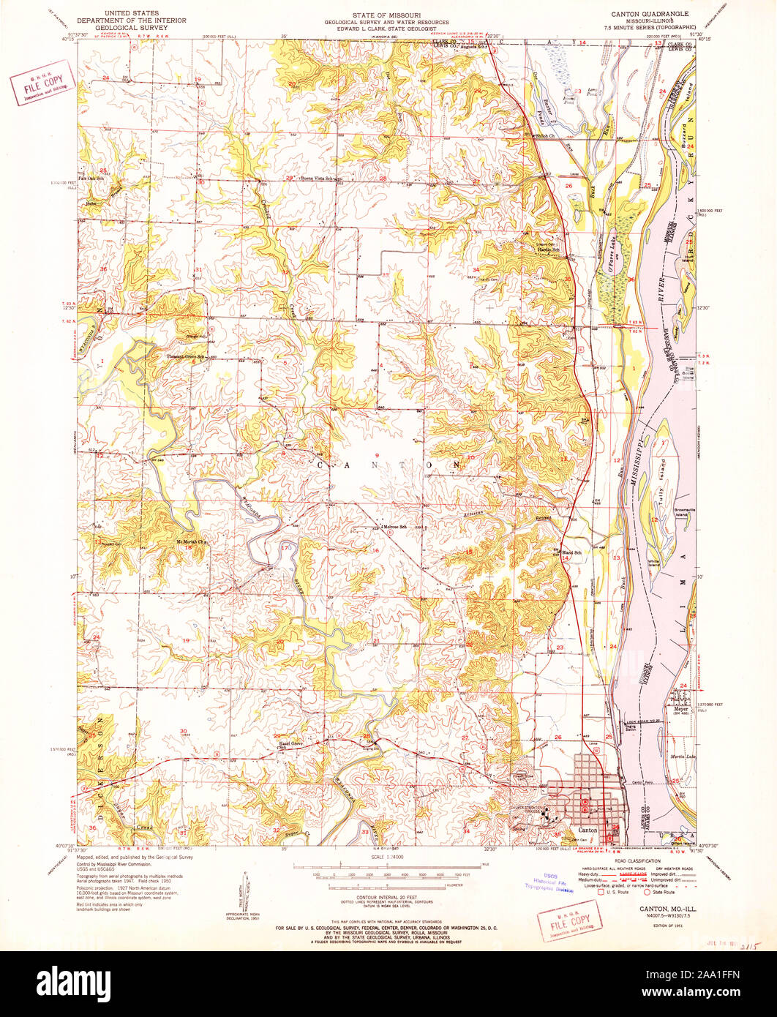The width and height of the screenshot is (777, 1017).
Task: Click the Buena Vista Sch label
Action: click(x=316, y=179)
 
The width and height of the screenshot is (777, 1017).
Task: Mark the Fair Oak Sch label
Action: click(x=92, y=179)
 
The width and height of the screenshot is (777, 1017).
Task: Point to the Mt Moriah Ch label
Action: click(x=187, y=542)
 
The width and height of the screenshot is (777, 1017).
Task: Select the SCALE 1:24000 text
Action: click(x=388, y=857)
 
